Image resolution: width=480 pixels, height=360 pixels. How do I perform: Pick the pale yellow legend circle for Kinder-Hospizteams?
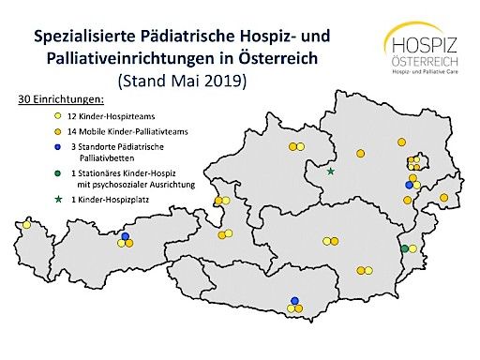click(x=33, y=113)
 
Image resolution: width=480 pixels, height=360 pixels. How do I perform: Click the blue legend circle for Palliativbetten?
click(x=33, y=147)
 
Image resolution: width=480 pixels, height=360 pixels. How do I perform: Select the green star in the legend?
click(x=33, y=200)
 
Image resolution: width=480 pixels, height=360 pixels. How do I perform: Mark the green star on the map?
click(x=330, y=172)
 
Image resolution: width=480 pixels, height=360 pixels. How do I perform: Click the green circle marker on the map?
click(x=404, y=248)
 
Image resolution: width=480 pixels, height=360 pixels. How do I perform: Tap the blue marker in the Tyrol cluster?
click(x=127, y=236)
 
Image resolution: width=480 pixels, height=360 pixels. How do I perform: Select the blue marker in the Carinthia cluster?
click(x=295, y=301)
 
